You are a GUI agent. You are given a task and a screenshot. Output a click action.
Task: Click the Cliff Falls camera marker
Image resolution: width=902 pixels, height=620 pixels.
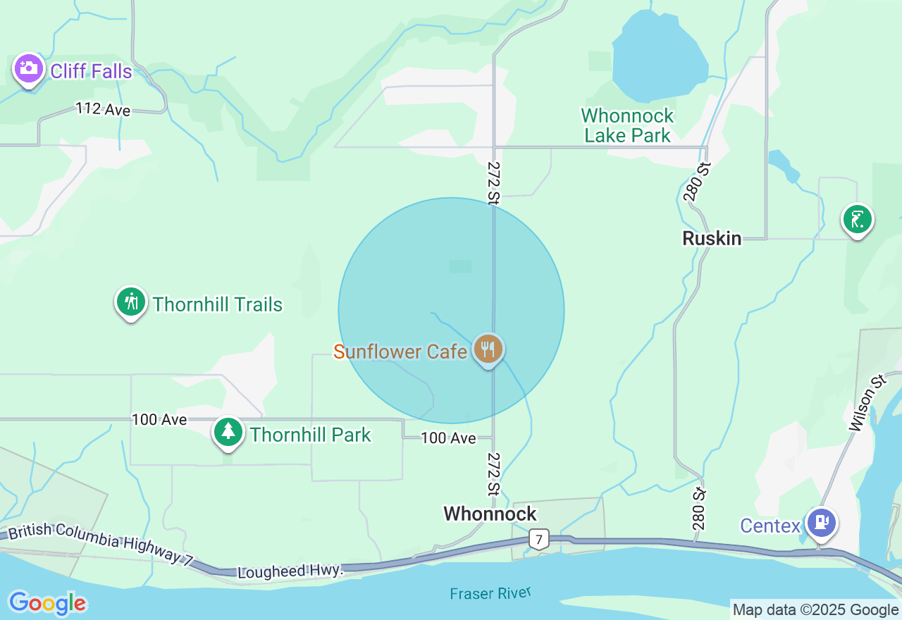pos(29,69)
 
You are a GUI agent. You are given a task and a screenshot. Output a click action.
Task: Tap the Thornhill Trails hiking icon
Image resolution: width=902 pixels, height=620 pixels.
pos(130,302)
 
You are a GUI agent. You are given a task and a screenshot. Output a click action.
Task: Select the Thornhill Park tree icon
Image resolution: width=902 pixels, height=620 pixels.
pos(228,432)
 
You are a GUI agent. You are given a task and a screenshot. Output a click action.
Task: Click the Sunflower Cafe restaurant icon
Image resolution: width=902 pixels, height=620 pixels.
pos(488,349)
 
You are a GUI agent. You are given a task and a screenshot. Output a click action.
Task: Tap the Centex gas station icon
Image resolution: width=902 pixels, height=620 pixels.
pos(821,522)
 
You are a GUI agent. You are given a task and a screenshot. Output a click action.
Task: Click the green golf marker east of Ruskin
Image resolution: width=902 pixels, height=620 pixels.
pos(858,219)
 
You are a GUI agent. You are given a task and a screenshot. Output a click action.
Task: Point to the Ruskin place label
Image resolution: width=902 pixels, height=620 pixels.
pos(712,239)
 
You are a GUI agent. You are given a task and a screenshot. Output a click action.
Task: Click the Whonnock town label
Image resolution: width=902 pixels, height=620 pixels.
pos(490,514)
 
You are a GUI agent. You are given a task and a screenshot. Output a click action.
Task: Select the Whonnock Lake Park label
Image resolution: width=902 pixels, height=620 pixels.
pos(627,125)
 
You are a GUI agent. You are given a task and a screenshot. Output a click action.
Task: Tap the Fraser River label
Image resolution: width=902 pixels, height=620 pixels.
pos(490,593)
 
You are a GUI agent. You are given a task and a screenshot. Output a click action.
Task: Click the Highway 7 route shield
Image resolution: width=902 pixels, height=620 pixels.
pos(539,540)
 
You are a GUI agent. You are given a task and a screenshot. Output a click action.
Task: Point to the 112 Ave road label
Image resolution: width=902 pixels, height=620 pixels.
pos(104,109)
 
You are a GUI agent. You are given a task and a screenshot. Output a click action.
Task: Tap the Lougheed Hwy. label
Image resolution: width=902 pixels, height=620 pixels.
pos(290,571)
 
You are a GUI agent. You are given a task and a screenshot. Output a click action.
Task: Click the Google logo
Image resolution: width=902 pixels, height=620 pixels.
pos(47,603)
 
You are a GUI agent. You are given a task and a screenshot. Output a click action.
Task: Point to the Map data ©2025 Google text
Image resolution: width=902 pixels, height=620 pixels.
pos(815,610)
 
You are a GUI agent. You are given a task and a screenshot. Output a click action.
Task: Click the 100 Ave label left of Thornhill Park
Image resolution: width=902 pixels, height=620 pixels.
pos(159,420)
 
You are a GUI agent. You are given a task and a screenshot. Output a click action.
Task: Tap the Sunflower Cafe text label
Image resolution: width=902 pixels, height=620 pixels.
pos(400,352)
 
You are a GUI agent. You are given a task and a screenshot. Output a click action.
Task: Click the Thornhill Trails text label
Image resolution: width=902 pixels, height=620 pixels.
pos(218,305)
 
